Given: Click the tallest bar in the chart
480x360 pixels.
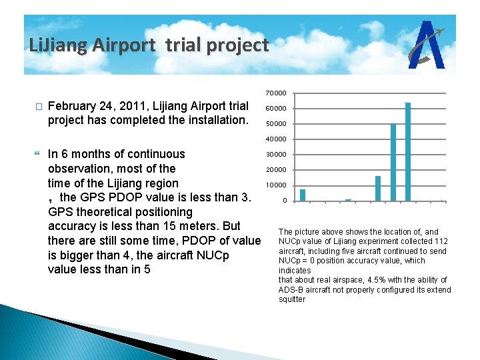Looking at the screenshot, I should click(x=408, y=151).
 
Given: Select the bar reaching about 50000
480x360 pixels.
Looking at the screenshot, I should click(x=393, y=162).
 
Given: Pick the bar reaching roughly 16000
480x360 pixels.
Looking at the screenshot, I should click(x=378, y=188).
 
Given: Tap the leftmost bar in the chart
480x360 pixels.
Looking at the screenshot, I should click(x=303, y=195).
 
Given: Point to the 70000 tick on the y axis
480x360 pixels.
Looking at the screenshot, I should click(x=277, y=93).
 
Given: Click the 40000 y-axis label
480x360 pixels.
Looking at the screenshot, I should click(x=277, y=139).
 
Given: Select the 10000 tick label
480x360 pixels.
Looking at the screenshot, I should click(x=277, y=185).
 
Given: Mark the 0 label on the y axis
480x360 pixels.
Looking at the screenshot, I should click(x=284, y=201).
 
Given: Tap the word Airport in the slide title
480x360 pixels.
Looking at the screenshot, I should click(x=123, y=45).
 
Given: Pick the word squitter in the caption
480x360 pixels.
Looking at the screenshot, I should click(x=292, y=299).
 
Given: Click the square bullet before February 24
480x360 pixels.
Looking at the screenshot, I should click(x=38, y=107).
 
